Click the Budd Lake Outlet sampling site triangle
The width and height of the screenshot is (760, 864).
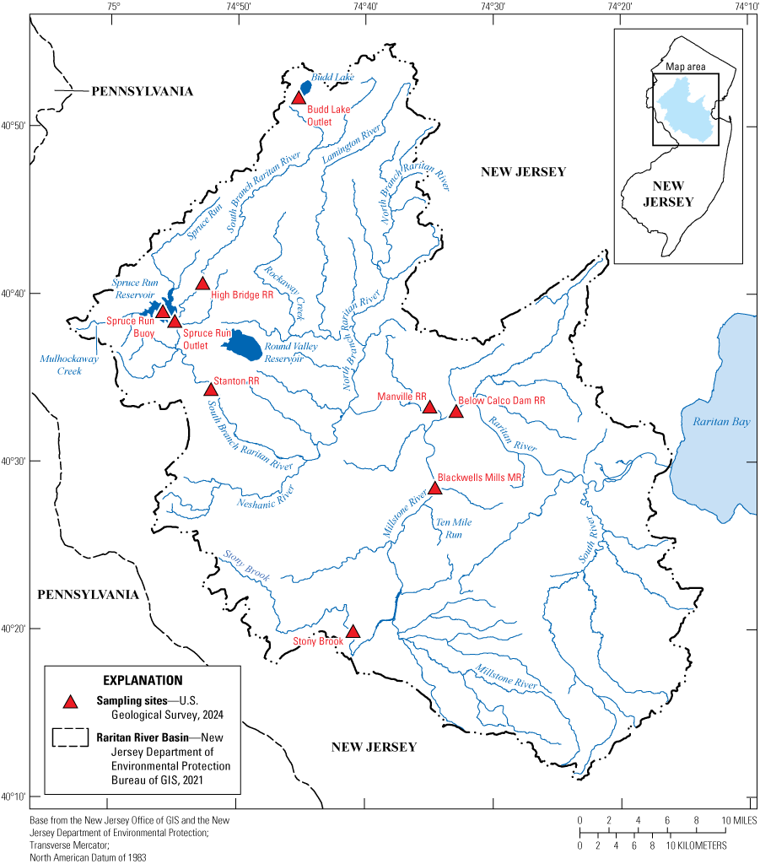[x=298, y=99]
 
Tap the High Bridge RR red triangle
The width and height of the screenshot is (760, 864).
[x=202, y=283]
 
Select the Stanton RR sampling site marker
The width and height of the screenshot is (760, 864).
[x=211, y=389]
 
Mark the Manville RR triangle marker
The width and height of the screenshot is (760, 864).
[x=429, y=408]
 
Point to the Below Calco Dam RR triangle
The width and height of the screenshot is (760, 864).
[x=456, y=412]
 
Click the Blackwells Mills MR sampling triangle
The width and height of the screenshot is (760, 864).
[x=435, y=489]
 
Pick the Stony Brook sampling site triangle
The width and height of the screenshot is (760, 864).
[x=353, y=632]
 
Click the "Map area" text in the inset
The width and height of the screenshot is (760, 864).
[x=685, y=66]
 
